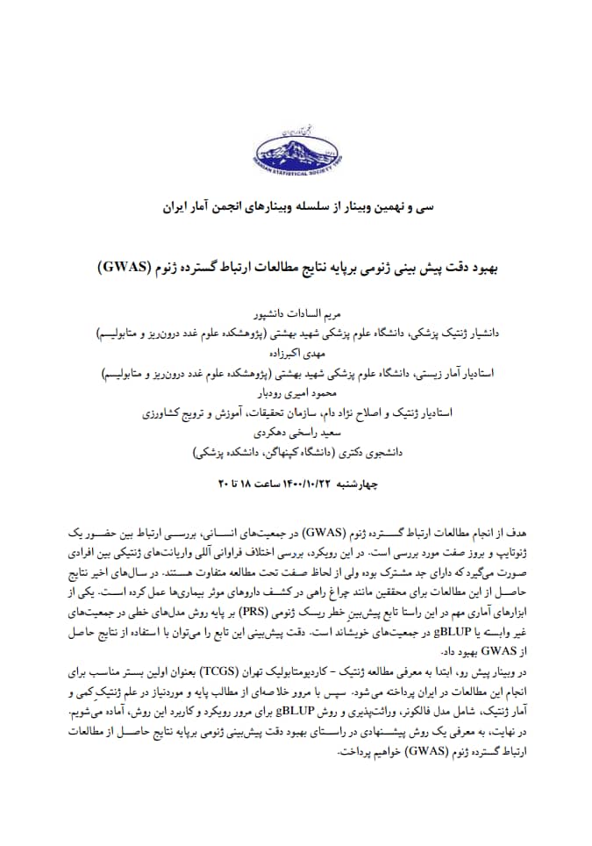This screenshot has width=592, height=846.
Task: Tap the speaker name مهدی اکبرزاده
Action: click(x=295, y=355)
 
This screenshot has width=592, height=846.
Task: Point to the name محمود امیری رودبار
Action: click(x=296, y=396)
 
